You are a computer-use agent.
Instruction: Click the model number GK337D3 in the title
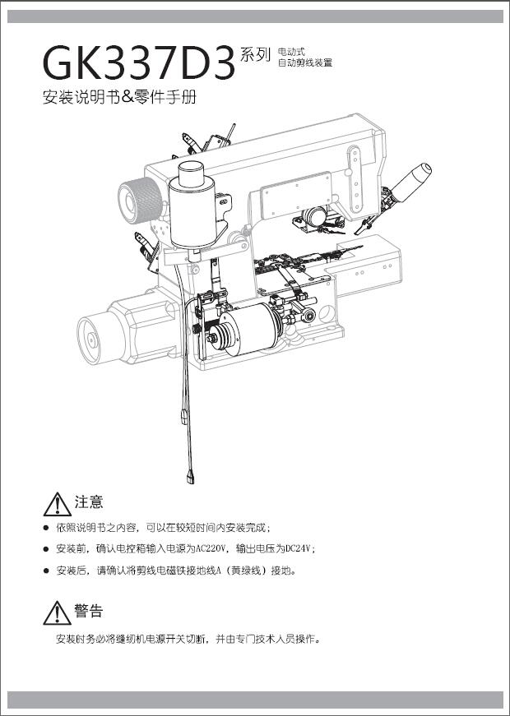(x=139, y=63)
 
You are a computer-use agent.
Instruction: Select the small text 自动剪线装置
(x=305, y=63)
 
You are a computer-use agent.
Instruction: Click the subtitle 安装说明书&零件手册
(x=119, y=97)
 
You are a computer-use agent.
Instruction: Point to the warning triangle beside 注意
(x=57, y=505)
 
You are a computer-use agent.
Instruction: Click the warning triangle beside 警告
(x=57, y=613)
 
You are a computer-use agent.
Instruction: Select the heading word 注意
(x=89, y=502)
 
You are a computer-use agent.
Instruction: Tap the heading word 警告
(x=89, y=611)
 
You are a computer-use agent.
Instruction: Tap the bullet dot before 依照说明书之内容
(x=46, y=529)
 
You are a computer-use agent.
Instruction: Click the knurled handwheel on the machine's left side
(x=141, y=200)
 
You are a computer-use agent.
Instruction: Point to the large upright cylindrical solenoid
(x=192, y=206)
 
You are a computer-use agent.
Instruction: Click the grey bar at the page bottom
(x=255, y=700)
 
